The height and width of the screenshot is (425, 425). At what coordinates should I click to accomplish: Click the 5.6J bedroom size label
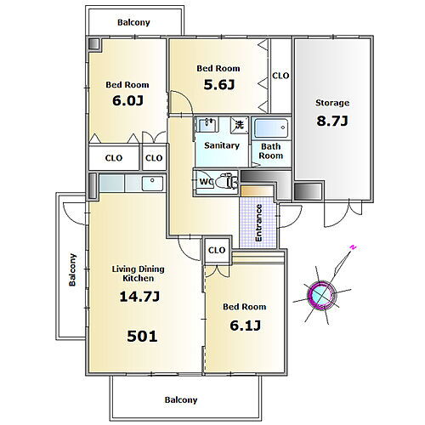[219, 84]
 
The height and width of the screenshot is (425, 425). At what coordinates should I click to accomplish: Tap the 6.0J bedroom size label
[127, 100]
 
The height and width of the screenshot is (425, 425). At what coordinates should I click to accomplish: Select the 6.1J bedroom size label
[245, 326]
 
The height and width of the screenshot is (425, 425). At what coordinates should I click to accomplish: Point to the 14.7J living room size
[139, 297]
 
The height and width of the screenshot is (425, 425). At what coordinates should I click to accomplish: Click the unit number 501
[142, 337]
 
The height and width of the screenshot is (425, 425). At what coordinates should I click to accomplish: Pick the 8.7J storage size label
[332, 121]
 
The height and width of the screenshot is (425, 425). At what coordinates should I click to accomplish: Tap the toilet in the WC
[226, 182]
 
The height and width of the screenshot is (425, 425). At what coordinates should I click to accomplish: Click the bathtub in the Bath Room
[271, 128]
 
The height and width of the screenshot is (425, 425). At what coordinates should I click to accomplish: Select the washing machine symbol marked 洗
[240, 125]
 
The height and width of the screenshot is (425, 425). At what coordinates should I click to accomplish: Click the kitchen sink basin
[152, 184]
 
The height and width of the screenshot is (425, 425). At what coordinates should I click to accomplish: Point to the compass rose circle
[321, 294]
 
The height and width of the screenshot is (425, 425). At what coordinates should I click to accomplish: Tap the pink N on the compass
[353, 247]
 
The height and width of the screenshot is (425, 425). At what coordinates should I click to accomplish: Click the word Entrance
[258, 223]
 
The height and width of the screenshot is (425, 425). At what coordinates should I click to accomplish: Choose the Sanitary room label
[222, 145]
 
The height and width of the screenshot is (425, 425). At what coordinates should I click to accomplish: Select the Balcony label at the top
[133, 22]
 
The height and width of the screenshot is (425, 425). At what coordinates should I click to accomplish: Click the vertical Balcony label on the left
[72, 269]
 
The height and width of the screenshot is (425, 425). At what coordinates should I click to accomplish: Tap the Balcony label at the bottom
[181, 399]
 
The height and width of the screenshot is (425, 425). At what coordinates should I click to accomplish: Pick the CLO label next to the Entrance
[217, 250]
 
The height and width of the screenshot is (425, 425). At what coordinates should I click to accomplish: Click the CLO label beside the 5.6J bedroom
[280, 76]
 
